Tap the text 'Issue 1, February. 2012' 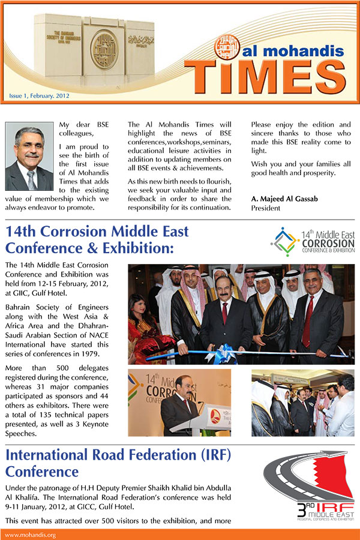coord(38,95)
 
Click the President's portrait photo coord(29,157)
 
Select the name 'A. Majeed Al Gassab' coord(283,199)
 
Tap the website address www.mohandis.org coord(31,535)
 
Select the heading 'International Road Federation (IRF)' coord(118,455)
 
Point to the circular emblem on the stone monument coord(103,45)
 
